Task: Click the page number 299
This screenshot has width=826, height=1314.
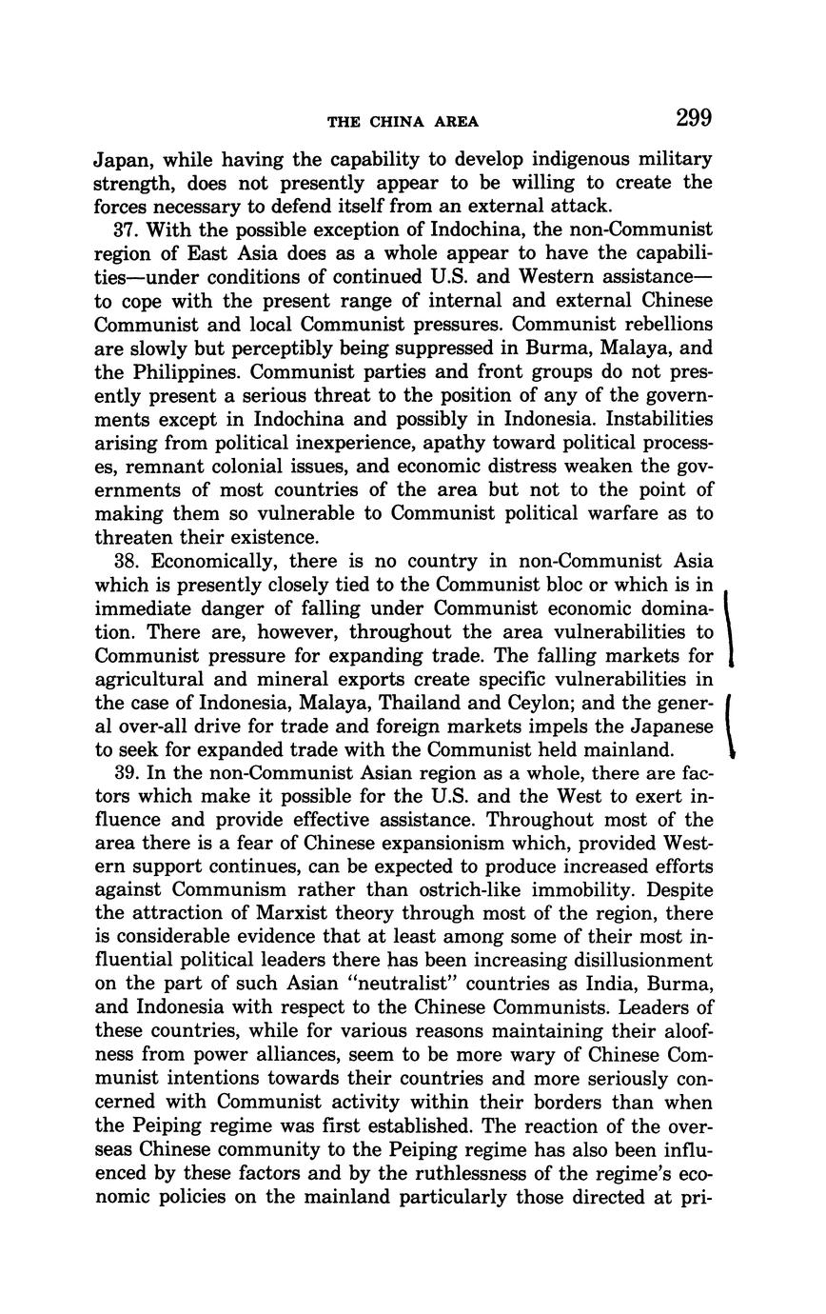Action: (694, 118)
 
